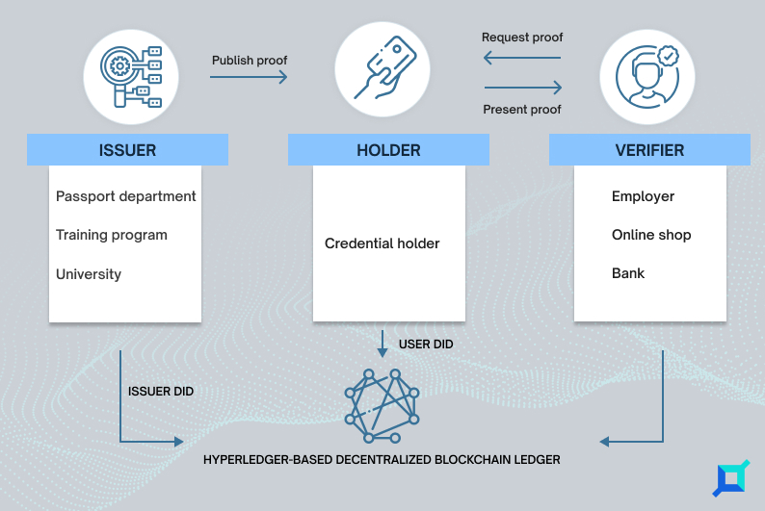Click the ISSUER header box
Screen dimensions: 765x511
click(x=127, y=149)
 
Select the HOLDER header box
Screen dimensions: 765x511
click(x=388, y=149)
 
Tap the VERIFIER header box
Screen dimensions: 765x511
click(x=649, y=149)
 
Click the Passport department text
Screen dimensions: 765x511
click(x=126, y=196)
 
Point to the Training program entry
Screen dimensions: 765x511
click(x=112, y=235)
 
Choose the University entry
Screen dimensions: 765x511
click(x=89, y=273)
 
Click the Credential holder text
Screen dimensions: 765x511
click(x=382, y=243)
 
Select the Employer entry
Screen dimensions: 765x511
click(x=643, y=196)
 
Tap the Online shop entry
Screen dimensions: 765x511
click(x=651, y=235)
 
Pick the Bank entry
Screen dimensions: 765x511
click(x=628, y=273)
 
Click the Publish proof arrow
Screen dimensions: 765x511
click(x=249, y=76)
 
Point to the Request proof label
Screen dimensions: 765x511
click(x=522, y=37)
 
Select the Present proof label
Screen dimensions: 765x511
click(x=522, y=109)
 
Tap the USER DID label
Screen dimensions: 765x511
click(x=426, y=344)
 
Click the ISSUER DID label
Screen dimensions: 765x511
click(x=161, y=391)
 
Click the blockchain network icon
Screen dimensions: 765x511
click(x=382, y=406)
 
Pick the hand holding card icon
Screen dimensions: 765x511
click(x=385, y=67)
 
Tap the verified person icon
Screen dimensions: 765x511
click(x=647, y=76)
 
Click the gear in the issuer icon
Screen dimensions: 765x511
click(x=119, y=65)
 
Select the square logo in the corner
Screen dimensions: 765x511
click(x=731, y=478)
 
